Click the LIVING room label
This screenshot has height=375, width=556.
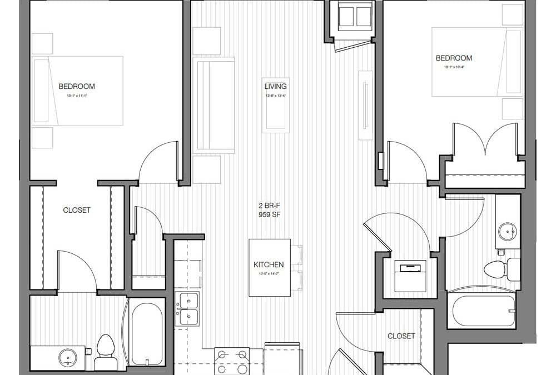click(276, 86)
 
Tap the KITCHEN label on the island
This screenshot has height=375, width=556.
click(269, 265)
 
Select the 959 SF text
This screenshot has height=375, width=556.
click(269, 215)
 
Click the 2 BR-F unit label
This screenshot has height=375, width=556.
click(269, 207)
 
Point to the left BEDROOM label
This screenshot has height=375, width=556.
click(77, 86)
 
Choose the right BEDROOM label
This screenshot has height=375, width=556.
click(454, 58)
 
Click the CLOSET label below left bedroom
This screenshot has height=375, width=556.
click(77, 210)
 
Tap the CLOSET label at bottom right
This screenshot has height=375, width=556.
click(401, 336)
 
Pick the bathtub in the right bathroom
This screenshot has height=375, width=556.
click(481, 311)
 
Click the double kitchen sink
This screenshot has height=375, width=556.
click(188, 309)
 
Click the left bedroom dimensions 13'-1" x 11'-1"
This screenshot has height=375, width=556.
click(77, 96)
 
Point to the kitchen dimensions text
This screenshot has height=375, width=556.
click(269, 273)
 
